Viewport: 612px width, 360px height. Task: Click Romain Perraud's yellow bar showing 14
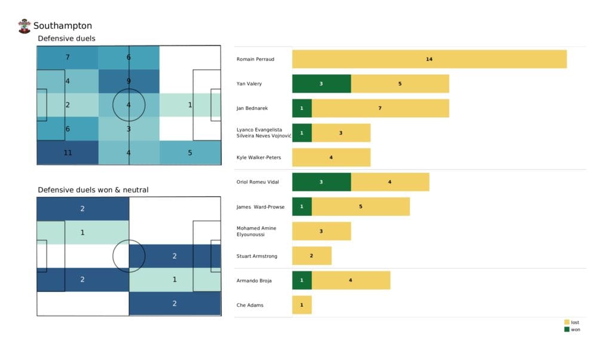point(429,59)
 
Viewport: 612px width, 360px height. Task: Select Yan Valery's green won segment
point(321,84)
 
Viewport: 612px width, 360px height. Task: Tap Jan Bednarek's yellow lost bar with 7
point(380,108)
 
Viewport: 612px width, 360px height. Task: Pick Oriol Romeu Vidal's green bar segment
point(321,182)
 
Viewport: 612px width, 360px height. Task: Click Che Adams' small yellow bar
point(302,305)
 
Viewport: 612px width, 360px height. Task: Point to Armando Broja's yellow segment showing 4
point(351,280)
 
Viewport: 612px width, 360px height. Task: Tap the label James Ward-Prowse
point(260,207)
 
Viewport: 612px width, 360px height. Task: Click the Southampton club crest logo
point(25,26)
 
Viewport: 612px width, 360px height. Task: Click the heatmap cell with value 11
point(68,152)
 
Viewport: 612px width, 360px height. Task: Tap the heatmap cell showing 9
point(128,81)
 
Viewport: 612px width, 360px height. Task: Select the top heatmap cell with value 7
point(68,57)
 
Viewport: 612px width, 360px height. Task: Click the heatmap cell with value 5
point(189,152)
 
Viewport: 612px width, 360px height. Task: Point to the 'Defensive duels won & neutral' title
point(93,190)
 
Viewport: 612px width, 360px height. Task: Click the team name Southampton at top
point(63,26)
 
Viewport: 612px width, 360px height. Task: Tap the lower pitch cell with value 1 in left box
point(82,233)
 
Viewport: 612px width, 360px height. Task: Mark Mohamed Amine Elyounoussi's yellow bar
point(321,231)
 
